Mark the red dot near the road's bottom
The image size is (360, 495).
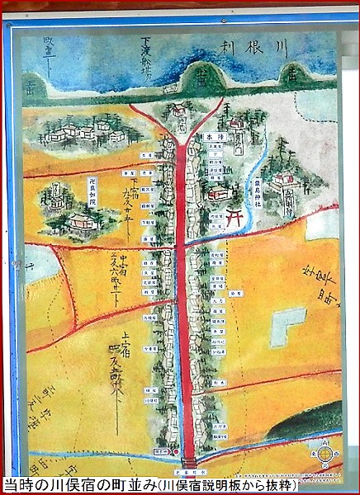pyautogui.click(x=176, y=452)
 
